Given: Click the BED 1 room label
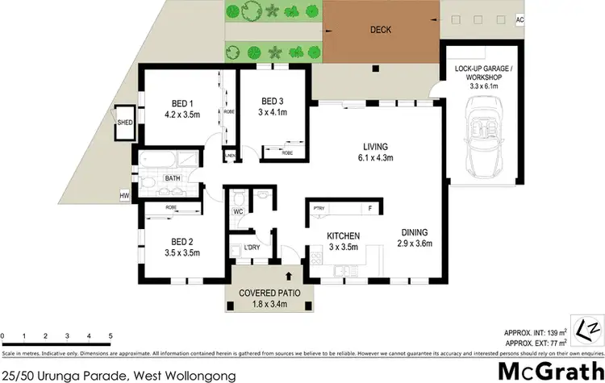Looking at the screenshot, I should pos(182,102).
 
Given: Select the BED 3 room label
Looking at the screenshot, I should pos(273,100).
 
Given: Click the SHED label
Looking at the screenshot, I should pos(125,123).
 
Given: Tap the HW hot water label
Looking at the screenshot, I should pos(124,196).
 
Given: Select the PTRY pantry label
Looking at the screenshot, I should pos(319,208).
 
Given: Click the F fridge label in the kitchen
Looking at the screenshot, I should pos(369,208).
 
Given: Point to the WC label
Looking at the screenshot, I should pos(239,212).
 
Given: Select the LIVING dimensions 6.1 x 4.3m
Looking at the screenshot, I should pos(376,158).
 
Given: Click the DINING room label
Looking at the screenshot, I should pos(418,231).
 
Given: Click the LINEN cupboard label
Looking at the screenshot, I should pos(231,155).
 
